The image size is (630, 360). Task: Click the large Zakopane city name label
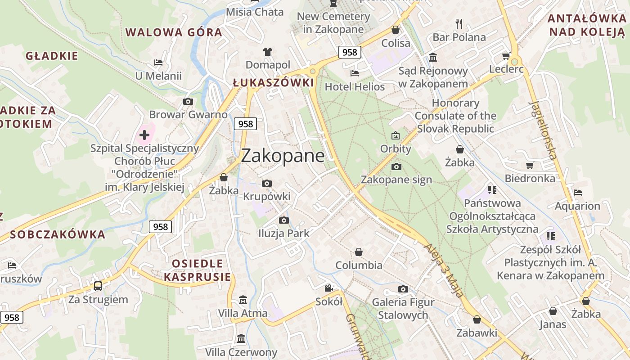tap(283, 156)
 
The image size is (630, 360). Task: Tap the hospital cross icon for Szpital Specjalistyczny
tap(144, 135)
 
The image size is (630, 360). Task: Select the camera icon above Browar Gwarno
tap(188, 102)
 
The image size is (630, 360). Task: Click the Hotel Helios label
tap(355, 86)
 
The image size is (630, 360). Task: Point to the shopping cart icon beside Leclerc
tap(506, 56)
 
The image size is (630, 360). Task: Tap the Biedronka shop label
tap(530, 178)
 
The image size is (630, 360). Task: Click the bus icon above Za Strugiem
tap(98, 286)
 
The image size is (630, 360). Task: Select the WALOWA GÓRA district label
tap(174, 32)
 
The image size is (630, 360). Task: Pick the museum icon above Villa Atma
tap(243, 300)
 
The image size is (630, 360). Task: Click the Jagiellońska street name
tap(543, 130)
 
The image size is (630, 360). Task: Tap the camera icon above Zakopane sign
tap(396, 166)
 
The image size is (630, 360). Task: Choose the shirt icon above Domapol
tap(268, 52)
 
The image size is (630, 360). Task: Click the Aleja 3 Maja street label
tap(443, 270)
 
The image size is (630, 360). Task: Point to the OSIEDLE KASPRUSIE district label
tap(197, 270)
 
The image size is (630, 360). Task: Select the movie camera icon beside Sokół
tap(329, 288)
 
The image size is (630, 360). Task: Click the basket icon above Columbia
tap(359, 252)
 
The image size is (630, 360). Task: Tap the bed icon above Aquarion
tap(578, 193)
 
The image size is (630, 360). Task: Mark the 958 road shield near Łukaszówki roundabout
tap(349, 52)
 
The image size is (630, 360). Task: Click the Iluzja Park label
tap(283, 233)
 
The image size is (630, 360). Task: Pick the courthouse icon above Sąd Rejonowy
tap(433, 57)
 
